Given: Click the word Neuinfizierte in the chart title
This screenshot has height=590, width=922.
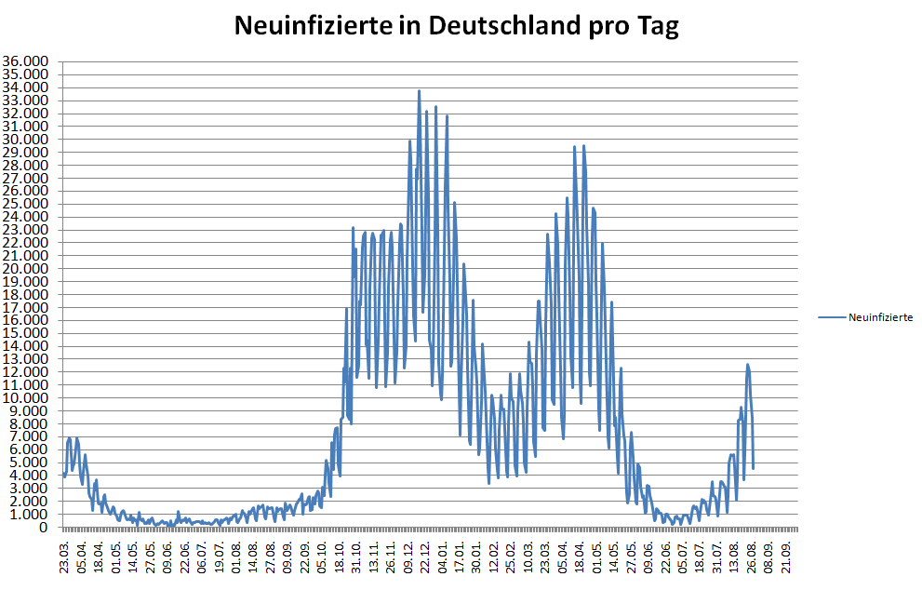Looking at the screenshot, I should tap(308, 26).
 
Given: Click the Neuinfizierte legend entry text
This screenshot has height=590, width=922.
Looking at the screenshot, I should tap(880, 317).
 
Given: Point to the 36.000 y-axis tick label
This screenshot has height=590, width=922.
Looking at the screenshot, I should tap(28, 62).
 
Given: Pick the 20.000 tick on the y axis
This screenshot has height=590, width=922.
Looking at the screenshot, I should tap(28, 269).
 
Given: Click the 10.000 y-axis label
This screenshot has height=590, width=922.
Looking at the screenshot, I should tap(28, 398).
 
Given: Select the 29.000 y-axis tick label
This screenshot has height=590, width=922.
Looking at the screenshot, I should tap(28, 153).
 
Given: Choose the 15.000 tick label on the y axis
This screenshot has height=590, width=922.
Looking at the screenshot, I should tap(28, 333).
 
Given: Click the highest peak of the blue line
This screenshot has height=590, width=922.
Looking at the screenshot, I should tap(419, 91).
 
